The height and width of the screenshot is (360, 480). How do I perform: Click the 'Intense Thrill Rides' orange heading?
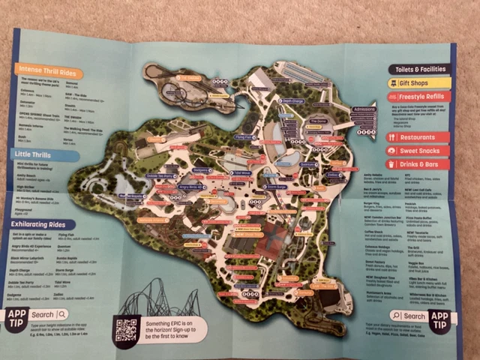[x=47, y=70]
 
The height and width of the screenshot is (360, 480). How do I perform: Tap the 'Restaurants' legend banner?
[x=418, y=138]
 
